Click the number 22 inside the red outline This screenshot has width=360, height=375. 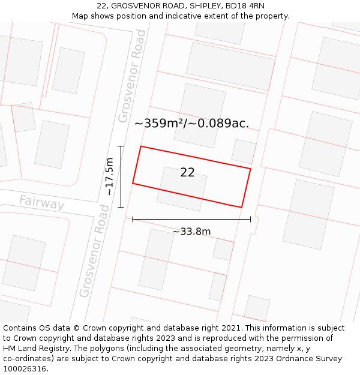tap(187, 173)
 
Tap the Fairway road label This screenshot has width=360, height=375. tap(41, 203)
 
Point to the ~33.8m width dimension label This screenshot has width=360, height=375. tap(191, 232)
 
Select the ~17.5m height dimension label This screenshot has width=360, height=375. tap(109, 176)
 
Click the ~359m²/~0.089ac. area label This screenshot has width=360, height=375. tap(191, 124)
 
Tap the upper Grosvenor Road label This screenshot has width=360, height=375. tap(132, 76)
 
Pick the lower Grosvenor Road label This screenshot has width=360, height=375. tap(95, 251)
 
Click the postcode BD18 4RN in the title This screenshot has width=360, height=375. tap(247, 6)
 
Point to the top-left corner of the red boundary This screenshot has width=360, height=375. tap(140, 146)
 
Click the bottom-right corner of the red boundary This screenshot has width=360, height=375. tap(241, 208)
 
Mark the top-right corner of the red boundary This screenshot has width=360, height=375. tap(250, 169)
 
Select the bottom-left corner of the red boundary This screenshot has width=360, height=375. tap(133, 183)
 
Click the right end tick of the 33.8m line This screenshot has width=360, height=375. tap(250, 220)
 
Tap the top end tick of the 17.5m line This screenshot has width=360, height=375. tap(121, 146)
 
